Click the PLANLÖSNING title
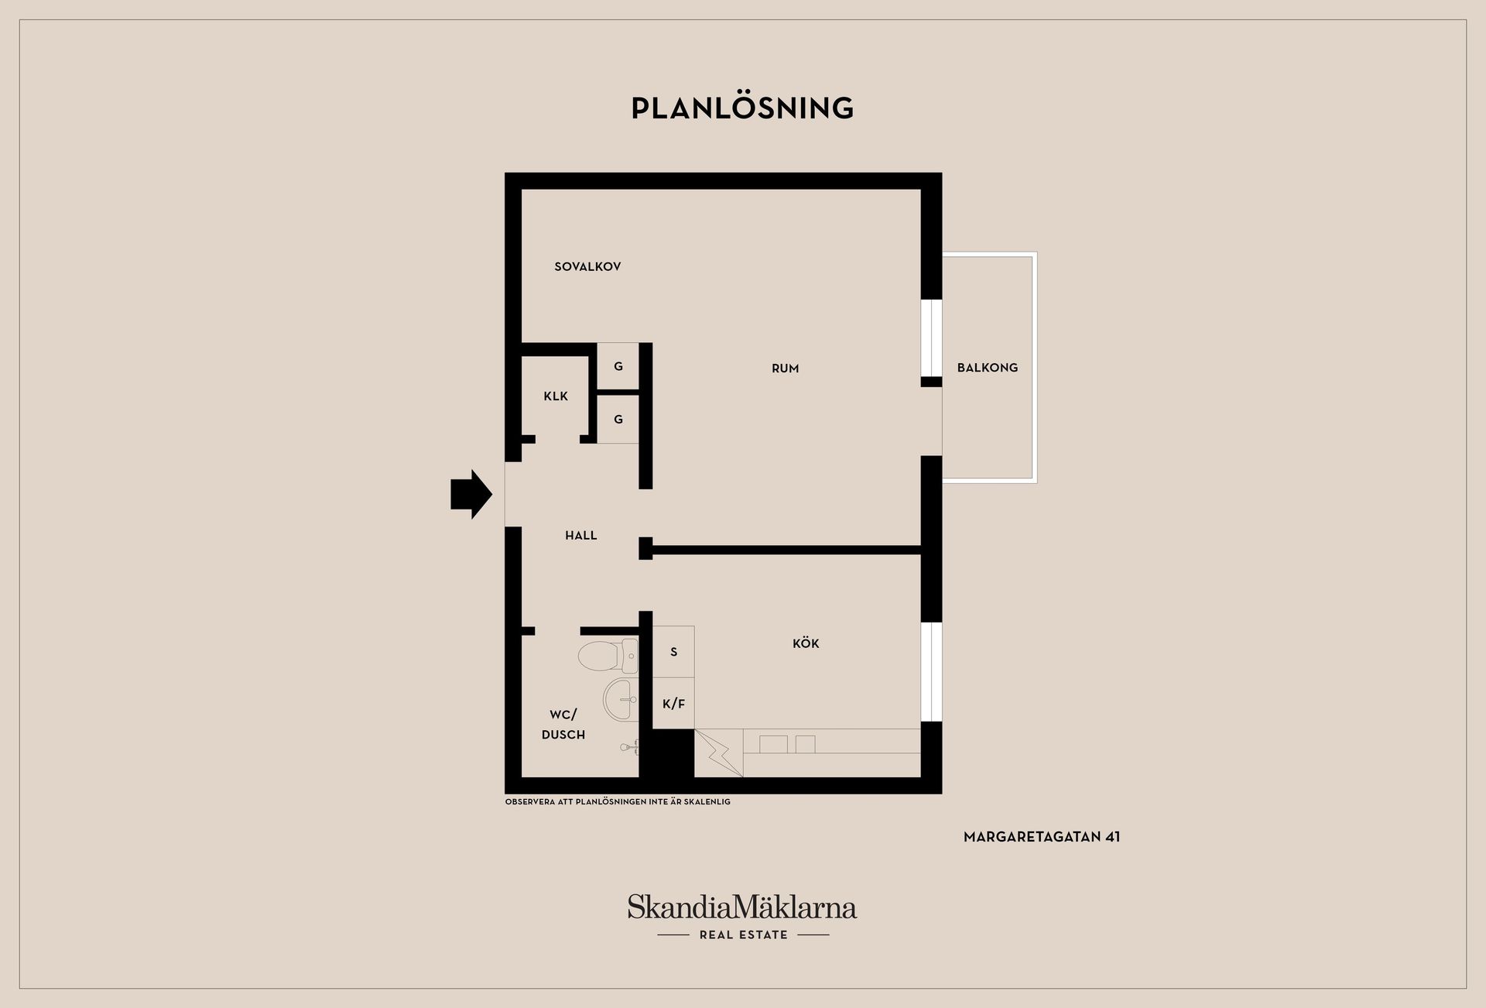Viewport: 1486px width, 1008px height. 742,108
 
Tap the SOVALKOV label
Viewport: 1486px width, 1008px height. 587,266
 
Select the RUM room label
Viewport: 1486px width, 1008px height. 785,369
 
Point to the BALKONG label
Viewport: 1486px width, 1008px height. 987,368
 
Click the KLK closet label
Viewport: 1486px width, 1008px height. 556,396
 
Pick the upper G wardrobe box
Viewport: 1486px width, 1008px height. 618,366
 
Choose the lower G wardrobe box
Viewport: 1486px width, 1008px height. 618,419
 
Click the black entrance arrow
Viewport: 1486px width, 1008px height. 471,493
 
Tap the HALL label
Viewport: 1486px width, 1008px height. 580,535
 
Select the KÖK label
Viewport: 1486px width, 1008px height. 806,643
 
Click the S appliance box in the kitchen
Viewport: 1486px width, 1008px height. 673,652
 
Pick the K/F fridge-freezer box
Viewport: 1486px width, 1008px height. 673,704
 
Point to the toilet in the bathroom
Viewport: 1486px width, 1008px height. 607,656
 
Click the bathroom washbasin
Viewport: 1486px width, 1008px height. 621,699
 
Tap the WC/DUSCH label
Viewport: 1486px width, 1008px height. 563,725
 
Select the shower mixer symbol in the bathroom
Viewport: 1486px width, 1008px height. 630,747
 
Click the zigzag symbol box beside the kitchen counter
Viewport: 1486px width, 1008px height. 718,753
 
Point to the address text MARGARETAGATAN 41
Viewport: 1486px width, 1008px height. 1042,837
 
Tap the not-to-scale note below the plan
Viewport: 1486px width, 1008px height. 618,802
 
